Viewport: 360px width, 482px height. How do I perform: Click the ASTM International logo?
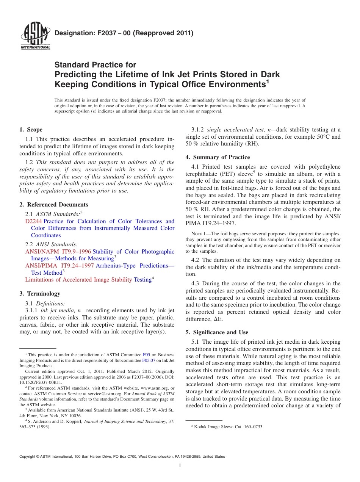[35, 37]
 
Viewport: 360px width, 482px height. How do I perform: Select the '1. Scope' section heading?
[31, 130]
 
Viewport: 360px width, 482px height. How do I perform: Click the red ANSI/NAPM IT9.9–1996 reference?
[58, 252]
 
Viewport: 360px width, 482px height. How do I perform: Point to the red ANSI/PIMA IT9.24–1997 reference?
[59, 266]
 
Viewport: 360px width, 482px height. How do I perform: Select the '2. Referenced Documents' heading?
[54, 205]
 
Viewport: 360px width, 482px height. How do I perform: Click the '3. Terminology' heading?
[40, 294]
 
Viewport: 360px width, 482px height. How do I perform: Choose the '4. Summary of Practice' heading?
[218, 157]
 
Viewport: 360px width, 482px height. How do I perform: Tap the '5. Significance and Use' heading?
[217, 332]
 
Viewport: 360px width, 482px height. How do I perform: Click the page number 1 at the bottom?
[180, 466]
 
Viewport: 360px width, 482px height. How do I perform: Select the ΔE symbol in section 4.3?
[218, 319]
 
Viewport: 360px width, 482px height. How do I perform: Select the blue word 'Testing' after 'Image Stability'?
[143, 280]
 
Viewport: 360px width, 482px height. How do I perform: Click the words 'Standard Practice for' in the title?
[95, 65]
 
